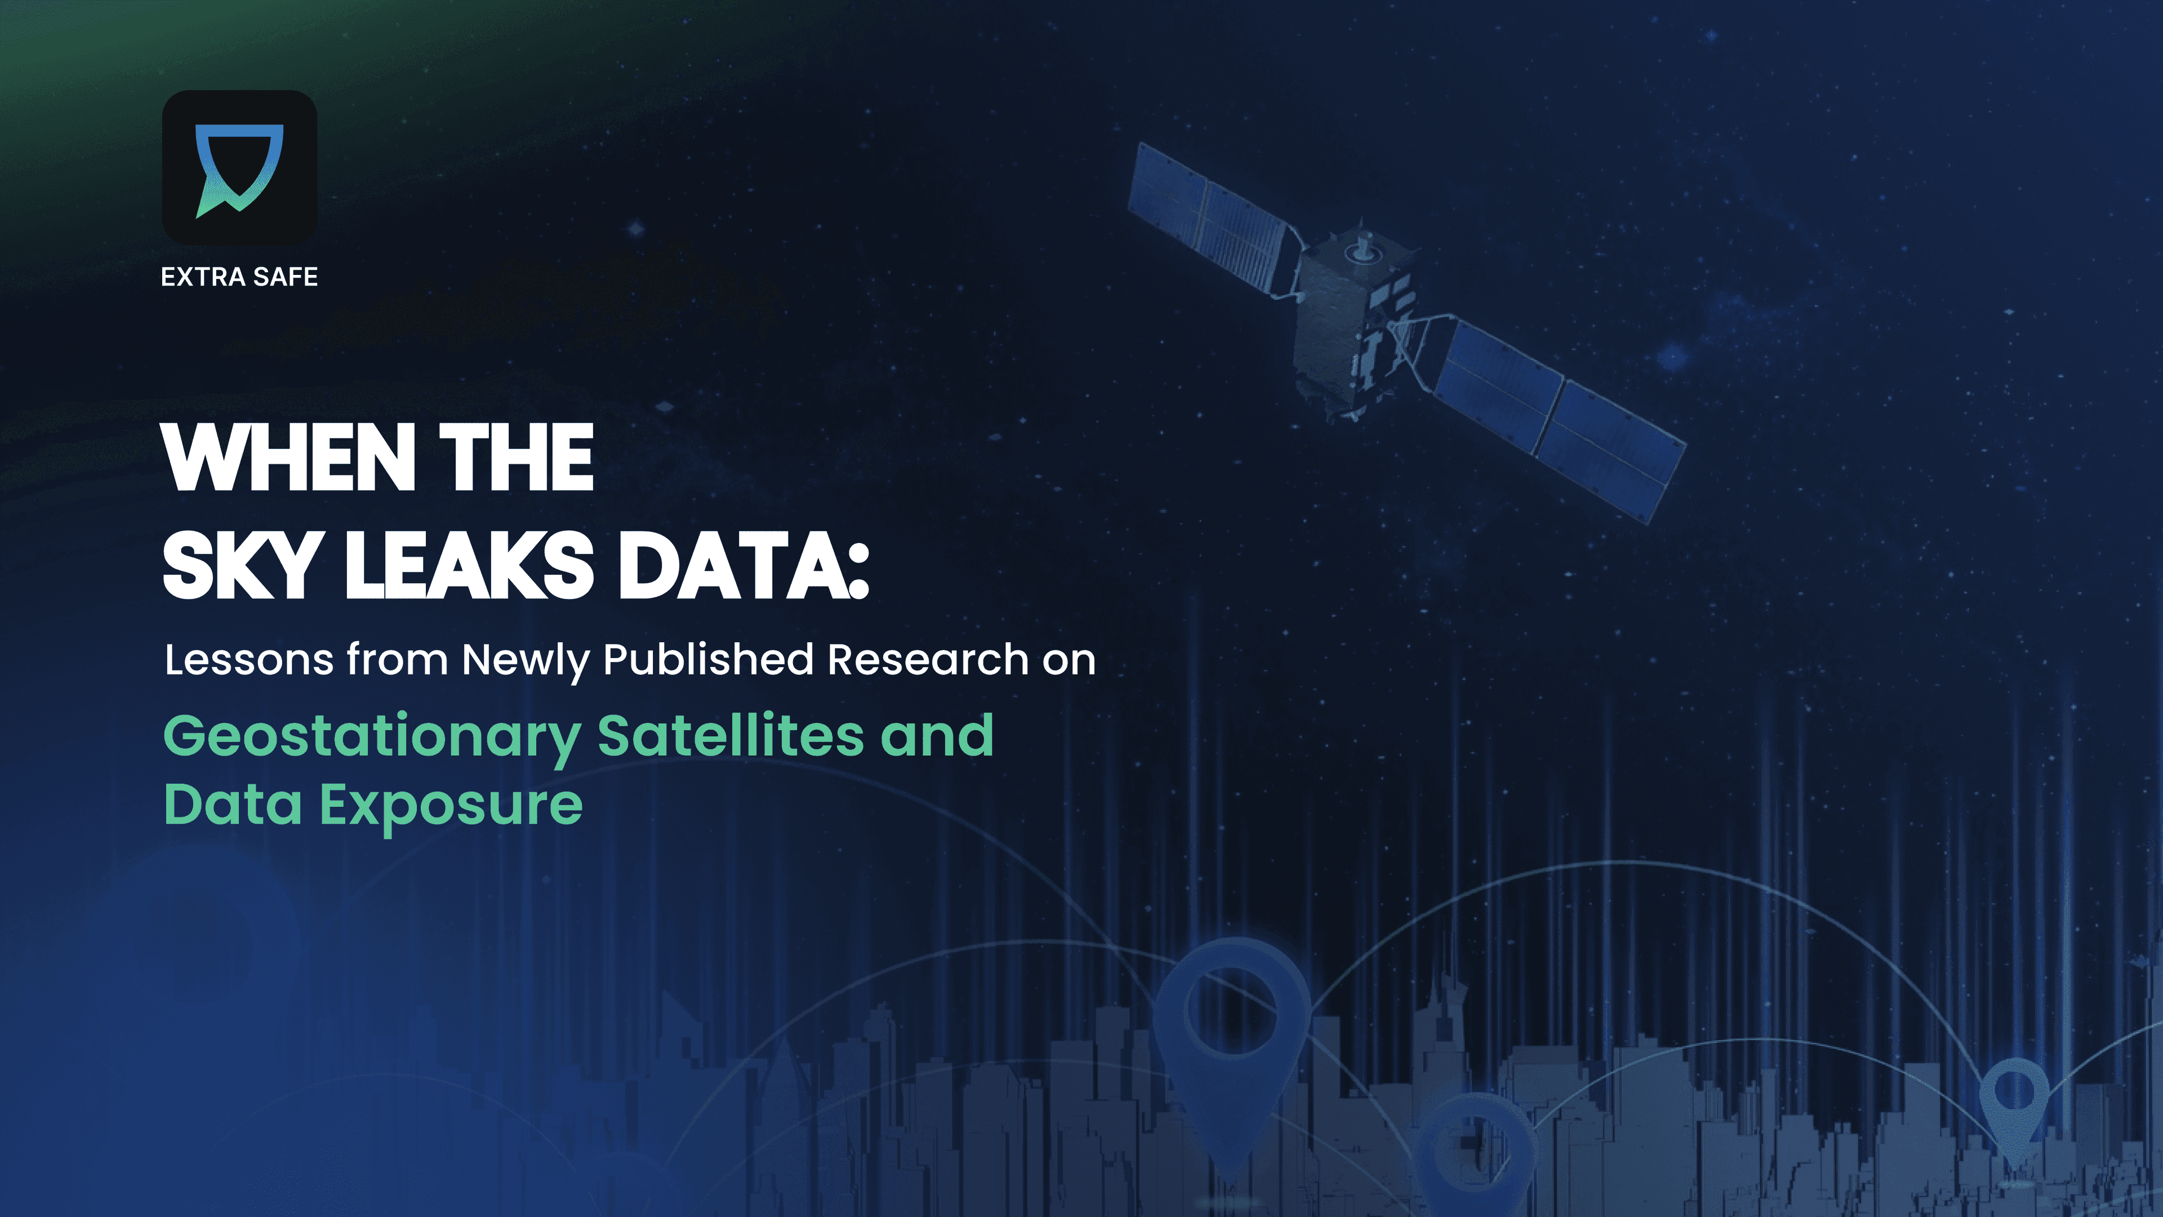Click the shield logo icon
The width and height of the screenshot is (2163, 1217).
point(239,168)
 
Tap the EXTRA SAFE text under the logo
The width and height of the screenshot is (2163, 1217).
point(239,277)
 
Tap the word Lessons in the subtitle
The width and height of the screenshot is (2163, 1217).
point(248,660)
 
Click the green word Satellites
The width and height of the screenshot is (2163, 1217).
point(731,736)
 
